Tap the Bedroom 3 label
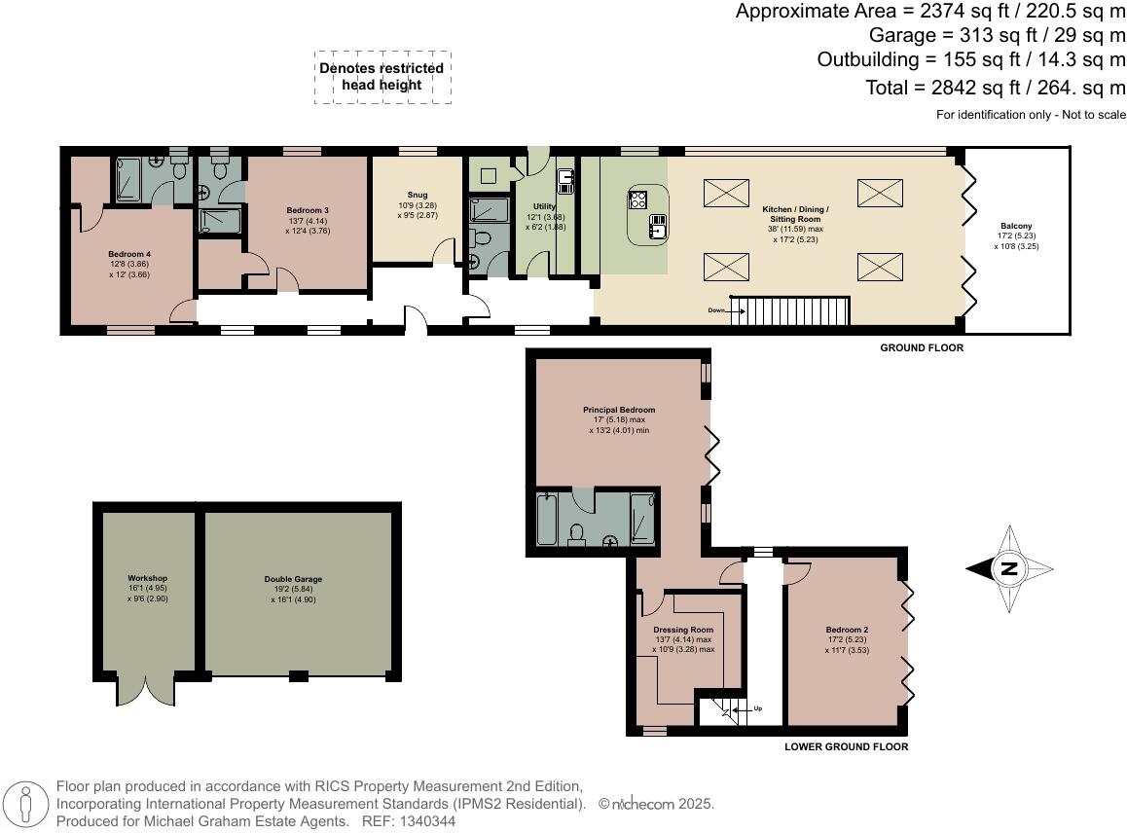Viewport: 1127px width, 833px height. pyautogui.click(x=307, y=210)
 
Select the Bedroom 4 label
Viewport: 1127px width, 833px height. pyautogui.click(x=128, y=254)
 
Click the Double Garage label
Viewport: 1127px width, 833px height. pyautogui.click(x=293, y=579)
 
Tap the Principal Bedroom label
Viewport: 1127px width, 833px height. pyautogui.click(x=619, y=410)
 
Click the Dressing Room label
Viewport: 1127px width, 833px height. pyautogui.click(x=689, y=630)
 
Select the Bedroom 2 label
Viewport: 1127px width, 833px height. pyautogui.click(x=847, y=630)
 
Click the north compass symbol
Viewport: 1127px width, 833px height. pyautogui.click(x=1009, y=569)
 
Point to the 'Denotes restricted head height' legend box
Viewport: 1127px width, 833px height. pyautogui.click(x=382, y=77)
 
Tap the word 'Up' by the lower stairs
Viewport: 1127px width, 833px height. pyautogui.click(x=757, y=707)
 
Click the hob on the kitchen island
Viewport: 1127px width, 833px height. pyautogui.click(x=639, y=199)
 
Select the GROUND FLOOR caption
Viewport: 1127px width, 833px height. pyautogui.click(x=921, y=347)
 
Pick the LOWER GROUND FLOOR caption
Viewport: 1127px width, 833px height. pyautogui.click(x=846, y=747)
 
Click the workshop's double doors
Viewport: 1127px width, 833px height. pyautogui.click(x=146, y=689)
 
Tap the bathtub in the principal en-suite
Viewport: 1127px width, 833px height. pyautogui.click(x=545, y=521)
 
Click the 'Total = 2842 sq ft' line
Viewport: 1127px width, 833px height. pyautogui.click(x=995, y=88)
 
